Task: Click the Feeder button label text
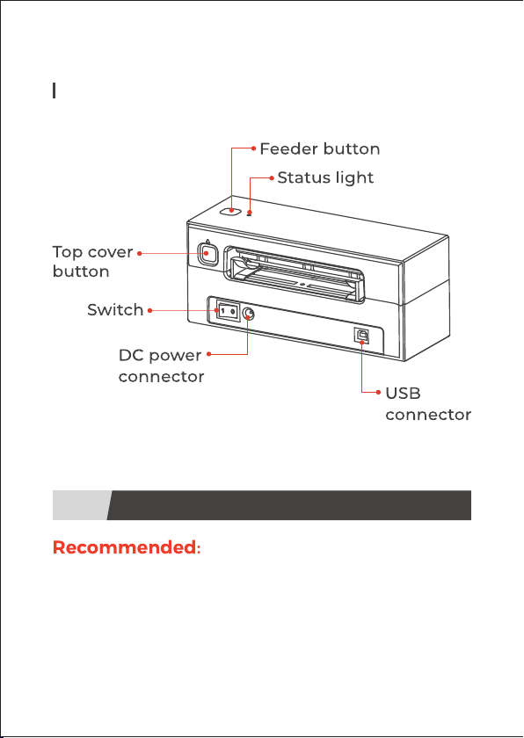(x=320, y=149)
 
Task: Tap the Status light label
(x=325, y=177)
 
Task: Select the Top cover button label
(x=92, y=262)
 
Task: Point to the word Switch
(x=115, y=310)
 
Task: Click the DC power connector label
(x=161, y=366)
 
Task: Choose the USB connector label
(x=428, y=404)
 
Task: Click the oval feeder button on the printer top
(x=230, y=211)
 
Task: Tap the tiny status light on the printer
(x=249, y=214)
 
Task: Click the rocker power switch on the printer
(x=228, y=312)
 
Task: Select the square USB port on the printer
(x=361, y=335)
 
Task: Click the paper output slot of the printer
(x=295, y=275)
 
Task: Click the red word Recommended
(x=124, y=547)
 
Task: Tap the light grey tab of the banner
(x=80, y=505)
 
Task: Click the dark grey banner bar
(x=289, y=505)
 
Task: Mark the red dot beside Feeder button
(x=254, y=148)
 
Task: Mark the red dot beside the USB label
(x=379, y=392)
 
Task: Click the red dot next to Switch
(x=149, y=310)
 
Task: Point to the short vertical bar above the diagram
(x=55, y=90)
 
